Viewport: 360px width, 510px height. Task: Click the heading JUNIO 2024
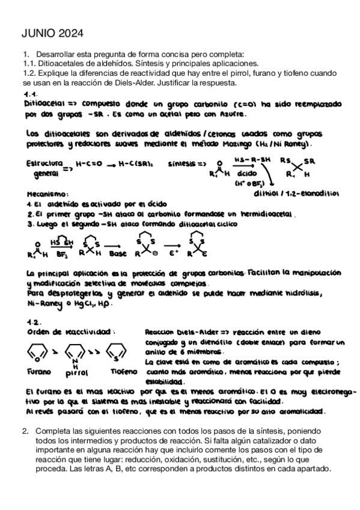[x=53, y=33]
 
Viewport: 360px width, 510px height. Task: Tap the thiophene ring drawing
[x=118, y=351]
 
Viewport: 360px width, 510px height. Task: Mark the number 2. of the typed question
[x=25, y=431]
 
